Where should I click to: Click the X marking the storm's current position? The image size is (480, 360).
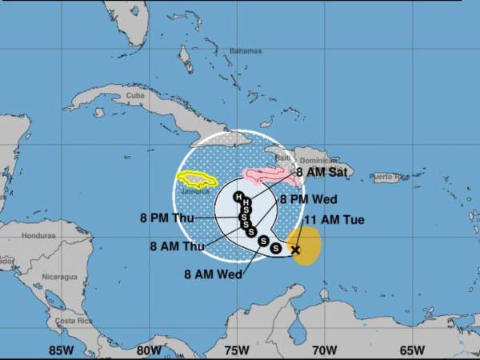pyautogui.click(x=295, y=250)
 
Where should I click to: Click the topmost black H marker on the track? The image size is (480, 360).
pyautogui.click(x=238, y=196)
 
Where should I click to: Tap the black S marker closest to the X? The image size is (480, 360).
pyautogui.click(x=276, y=248)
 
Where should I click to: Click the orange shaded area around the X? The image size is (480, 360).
pyautogui.click(x=309, y=240)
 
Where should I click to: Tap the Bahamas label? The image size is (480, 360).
pyautogui.click(x=246, y=51)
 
